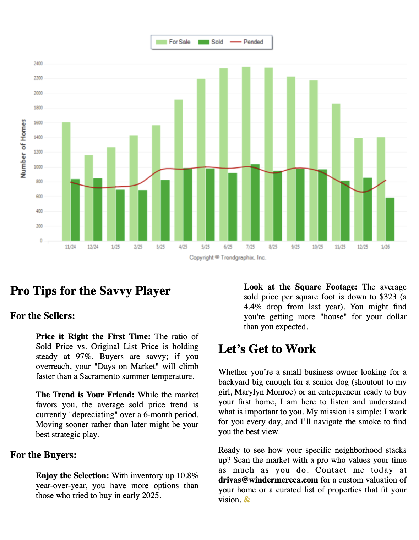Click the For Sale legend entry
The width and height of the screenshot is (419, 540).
click(173, 42)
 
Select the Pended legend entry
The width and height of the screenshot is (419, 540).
click(247, 42)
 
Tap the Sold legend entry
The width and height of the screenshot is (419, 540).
click(211, 42)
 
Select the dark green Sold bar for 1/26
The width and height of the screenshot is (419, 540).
click(390, 219)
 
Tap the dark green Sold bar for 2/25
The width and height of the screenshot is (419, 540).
click(143, 215)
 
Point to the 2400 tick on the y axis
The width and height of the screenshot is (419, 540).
click(38, 64)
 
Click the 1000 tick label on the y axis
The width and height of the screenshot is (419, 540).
click(38, 167)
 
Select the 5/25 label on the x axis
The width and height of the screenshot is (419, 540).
click(206, 247)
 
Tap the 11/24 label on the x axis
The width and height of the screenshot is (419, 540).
click(70, 247)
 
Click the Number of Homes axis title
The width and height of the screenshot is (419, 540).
click(23, 148)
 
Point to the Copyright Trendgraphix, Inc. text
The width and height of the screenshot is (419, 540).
click(228, 258)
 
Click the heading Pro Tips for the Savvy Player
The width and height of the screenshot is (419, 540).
click(90, 291)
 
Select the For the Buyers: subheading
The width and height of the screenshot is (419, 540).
click(43, 455)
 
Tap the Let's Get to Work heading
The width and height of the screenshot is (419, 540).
click(267, 349)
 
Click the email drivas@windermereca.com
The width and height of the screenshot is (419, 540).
click(268, 480)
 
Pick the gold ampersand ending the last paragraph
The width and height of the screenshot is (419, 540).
click(247, 500)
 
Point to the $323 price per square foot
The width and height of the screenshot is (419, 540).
click(388, 297)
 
